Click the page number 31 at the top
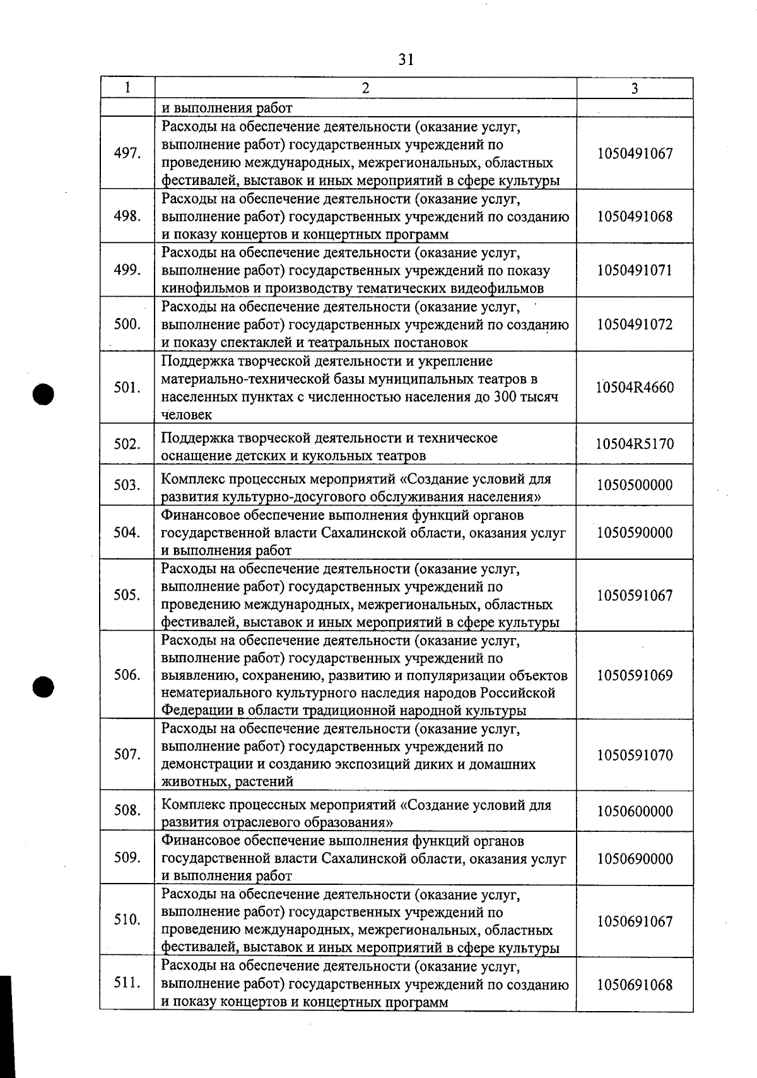point(406,59)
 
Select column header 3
point(634,88)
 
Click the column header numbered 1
point(127,88)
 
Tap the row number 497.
point(127,153)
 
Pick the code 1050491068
point(635,216)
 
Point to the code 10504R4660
point(635,388)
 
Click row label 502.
point(127,444)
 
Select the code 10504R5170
point(635,444)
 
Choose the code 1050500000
point(635,485)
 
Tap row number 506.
point(127,675)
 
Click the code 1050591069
point(635,675)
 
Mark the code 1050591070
point(635,755)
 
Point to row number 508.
point(127,809)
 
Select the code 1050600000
point(635,811)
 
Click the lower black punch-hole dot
point(44,686)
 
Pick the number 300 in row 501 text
point(516,397)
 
